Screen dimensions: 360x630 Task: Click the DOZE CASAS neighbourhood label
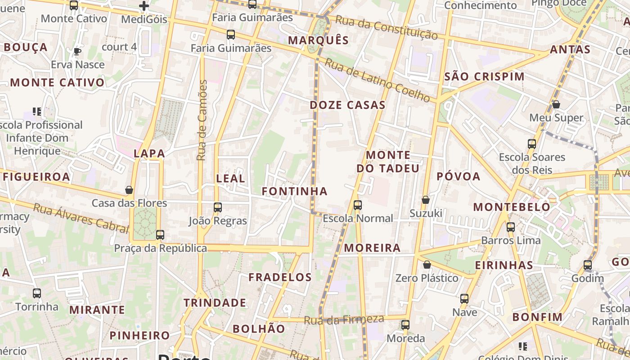click(347, 105)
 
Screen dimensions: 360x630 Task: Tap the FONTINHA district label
click(295, 191)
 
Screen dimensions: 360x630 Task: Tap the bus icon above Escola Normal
click(358, 205)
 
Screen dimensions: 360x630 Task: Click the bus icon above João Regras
click(218, 207)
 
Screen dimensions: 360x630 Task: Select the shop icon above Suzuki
click(426, 200)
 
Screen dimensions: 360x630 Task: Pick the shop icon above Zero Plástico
click(427, 265)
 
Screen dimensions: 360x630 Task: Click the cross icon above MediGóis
click(144, 6)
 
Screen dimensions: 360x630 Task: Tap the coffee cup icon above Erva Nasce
click(77, 51)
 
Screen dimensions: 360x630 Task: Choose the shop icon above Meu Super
click(556, 104)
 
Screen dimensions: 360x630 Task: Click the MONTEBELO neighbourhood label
click(512, 207)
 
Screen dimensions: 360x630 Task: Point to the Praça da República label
click(160, 248)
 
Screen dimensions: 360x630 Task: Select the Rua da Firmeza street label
click(344, 319)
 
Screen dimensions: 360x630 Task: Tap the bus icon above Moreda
click(405, 325)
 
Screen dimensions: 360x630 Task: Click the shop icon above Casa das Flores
click(129, 190)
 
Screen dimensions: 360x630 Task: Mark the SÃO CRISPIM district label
click(484, 76)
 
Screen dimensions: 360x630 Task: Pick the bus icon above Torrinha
click(37, 293)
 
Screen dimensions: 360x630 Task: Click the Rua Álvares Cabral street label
click(81, 218)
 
